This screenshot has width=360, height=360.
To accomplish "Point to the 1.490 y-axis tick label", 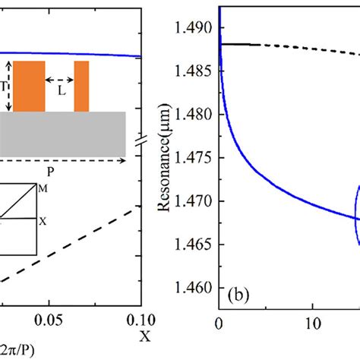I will [194, 27].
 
